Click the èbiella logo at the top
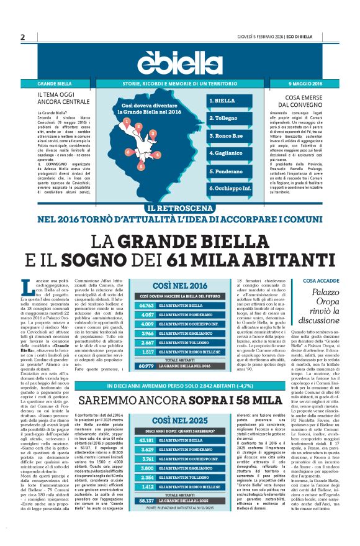point(179,61)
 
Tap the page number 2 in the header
point(22,37)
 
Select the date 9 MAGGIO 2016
point(305,83)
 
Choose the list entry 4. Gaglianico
point(225,153)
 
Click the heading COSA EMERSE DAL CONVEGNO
point(297,101)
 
